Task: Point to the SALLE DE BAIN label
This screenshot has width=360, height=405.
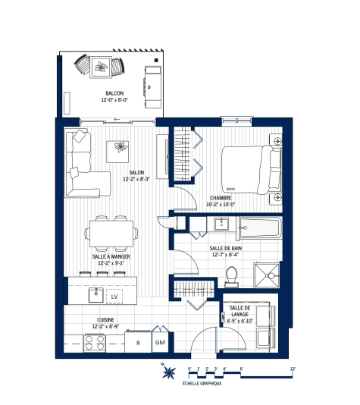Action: (x=226, y=250)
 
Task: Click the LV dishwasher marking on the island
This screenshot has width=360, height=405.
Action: (x=115, y=294)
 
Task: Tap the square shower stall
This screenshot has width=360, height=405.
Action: (x=268, y=275)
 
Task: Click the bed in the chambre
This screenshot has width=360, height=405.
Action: (x=250, y=170)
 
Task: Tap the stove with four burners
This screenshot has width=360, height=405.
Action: (x=94, y=344)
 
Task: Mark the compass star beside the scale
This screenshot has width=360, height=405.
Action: (x=165, y=372)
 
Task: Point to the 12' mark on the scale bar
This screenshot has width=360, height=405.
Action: (x=291, y=368)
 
